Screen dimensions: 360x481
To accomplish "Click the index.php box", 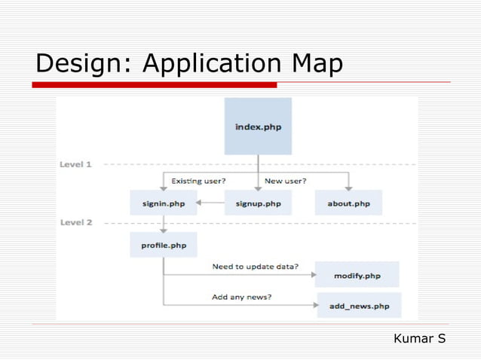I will (x=258, y=127).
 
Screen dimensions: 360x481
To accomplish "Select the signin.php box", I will (x=163, y=203).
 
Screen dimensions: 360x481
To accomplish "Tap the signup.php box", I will (x=258, y=203).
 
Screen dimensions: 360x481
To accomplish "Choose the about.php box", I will (x=348, y=203).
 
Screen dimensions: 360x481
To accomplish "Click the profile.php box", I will (x=163, y=245).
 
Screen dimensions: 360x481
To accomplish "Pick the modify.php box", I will (x=357, y=276).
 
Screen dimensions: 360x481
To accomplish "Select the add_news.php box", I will (x=359, y=306).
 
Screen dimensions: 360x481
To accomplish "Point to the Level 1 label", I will (x=75, y=164).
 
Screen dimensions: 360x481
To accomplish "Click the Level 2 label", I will (x=75, y=223).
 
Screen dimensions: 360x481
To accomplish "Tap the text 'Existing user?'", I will (x=198, y=181).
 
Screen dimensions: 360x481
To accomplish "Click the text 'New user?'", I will (x=286, y=181).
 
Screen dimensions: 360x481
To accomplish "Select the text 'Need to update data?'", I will (x=255, y=267).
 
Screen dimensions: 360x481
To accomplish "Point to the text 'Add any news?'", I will (x=242, y=297).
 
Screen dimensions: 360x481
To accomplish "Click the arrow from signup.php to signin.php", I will (x=211, y=203).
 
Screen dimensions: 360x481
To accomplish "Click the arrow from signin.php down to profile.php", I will (x=163, y=224).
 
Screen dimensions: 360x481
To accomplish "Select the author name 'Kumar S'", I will (x=419, y=339).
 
